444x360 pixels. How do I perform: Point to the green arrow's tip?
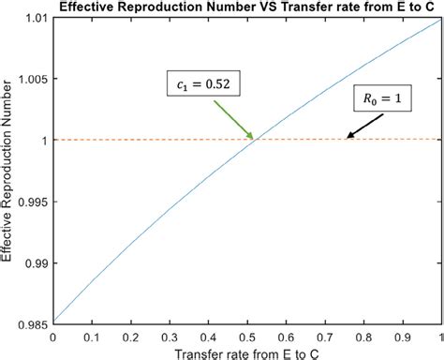tap(253, 139)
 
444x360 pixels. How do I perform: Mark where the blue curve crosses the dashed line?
tap(256, 140)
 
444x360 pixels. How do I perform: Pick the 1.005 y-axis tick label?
tap(32, 80)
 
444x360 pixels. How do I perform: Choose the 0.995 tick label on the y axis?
tap(32, 202)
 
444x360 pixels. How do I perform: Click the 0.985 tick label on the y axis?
tap(32, 323)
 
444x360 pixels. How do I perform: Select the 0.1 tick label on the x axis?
tap(92, 335)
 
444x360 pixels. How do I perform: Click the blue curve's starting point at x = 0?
tap(53, 322)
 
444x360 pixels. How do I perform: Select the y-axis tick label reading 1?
tap(43, 141)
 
